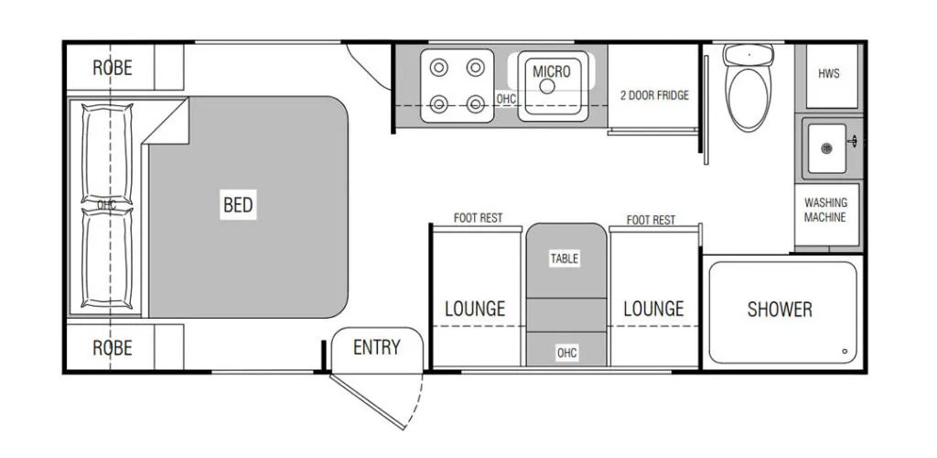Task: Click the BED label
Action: (x=238, y=205)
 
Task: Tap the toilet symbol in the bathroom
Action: (x=749, y=87)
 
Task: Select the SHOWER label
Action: (x=780, y=309)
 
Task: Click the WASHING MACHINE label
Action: (x=824, y=210)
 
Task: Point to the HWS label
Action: (x=829, y=73)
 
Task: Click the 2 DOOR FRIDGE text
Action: (x=654, y=95)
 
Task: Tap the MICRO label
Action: (x=552, y=71)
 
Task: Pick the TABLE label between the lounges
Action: (x=565, y=258)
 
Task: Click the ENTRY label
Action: (x=376, y=347)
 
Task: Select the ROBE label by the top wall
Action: (x=113, y=68)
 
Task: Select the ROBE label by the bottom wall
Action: (x=113, y=347)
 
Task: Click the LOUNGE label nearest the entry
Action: (x=475, y=309)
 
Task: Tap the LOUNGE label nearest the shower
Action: (x=653, y=309)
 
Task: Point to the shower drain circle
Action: (x=845, y=351)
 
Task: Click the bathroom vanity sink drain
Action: (x=826, y=148)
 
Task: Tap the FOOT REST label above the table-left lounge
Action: (x=478, y=218)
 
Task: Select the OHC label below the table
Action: (x=566, y=354)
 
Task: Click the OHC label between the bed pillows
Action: (x=107, y=205)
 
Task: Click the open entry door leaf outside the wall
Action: (x=368, y=402)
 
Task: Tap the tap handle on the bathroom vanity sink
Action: (x=853, y=142)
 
